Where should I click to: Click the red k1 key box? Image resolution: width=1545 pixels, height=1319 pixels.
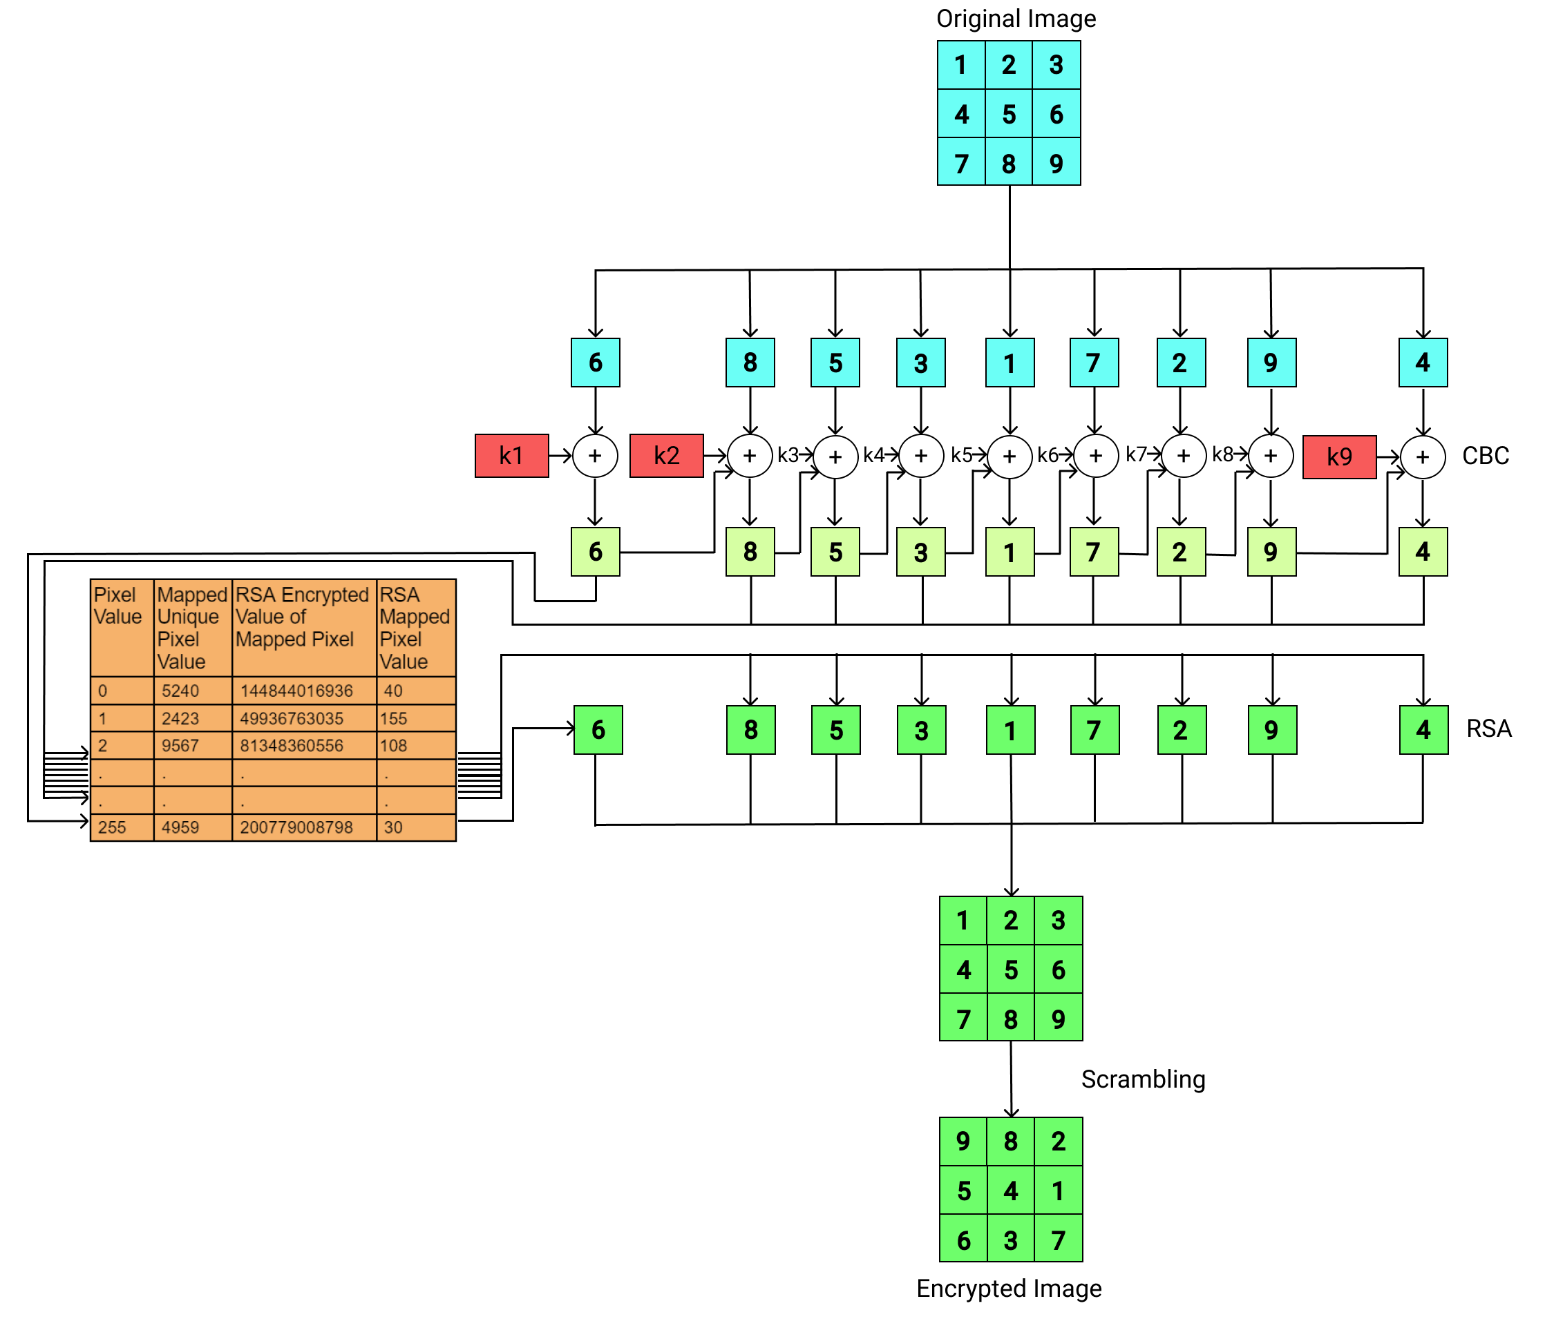pos(511,455)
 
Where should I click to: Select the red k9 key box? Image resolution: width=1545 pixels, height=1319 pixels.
pos(1339,456)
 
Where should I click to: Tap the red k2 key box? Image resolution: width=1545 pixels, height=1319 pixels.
pos(666,455)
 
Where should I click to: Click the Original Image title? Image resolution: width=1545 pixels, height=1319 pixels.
pos(1016,19)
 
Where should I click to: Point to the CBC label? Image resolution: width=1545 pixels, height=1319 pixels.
pos(1485,455)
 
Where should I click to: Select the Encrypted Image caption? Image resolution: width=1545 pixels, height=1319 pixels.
pos(1008,1288)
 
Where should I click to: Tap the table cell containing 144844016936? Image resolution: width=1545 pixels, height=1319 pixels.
pos(303,691)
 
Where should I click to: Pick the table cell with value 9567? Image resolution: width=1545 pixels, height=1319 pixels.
pos(192,745)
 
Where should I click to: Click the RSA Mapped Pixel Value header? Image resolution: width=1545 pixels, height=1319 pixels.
pos(415,628)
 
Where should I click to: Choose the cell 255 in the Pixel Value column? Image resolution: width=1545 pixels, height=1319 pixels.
pos(122,827)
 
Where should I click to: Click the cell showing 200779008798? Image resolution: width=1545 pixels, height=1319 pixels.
pos(303,827)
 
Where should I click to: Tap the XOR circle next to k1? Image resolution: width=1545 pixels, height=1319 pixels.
pos(595,455)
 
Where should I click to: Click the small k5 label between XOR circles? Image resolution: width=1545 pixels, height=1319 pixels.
pos(960,454)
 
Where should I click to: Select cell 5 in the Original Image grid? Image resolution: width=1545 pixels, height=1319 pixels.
pos(1008,114)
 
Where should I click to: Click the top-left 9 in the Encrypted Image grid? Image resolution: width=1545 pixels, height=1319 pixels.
pos(963,1141)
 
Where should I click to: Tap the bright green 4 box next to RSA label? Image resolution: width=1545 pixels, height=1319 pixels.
pos(1423,729)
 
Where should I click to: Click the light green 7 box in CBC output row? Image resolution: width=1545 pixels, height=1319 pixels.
pos(1093,552)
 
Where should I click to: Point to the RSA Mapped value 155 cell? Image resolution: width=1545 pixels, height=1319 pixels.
pos(415,718)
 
